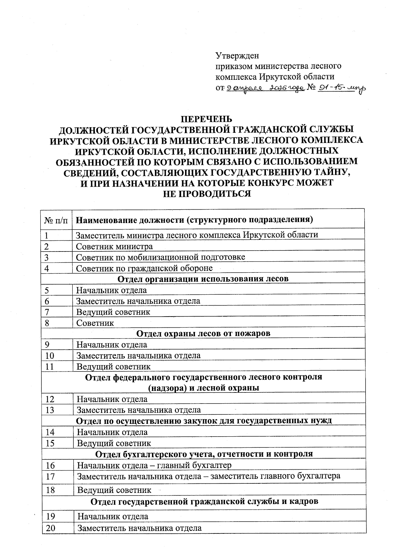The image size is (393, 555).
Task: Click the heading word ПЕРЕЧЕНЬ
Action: tap(207, 119)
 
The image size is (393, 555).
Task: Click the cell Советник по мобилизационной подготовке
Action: tap(160, 257)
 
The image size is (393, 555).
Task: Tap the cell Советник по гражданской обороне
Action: tap(144, 268)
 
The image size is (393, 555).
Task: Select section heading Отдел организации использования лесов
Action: tap(203, 279)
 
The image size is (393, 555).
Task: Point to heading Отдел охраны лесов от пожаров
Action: tap(203, 334)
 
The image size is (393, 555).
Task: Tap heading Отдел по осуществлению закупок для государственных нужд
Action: tap(204, 421)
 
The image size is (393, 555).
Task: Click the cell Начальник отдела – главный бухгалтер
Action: tap(154, 465)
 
